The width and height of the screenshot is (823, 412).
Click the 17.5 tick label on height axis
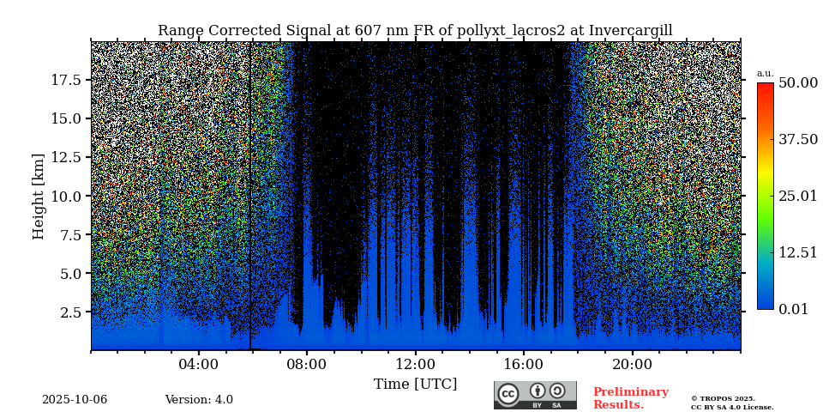tap(65, 80)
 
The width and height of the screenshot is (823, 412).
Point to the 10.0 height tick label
tap(65, 196)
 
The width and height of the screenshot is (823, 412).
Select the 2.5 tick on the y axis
tap(69, 312)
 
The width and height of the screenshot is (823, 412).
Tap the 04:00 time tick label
tap(198, 364)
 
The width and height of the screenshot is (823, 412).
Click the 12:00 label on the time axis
tap(415, 364)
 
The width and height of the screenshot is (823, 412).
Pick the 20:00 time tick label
tap(632, 364)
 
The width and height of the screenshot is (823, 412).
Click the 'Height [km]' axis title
tap(39, 196)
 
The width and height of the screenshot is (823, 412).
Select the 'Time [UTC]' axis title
tap(415, 385)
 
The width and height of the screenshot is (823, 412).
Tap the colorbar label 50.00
tap(797, 83)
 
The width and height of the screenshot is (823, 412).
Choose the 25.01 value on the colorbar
tap(797, 197)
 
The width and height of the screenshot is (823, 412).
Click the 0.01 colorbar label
tap(793, 310)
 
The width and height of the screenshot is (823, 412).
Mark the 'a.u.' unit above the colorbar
tap(765, 74)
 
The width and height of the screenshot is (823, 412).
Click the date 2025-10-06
tap(75, 400)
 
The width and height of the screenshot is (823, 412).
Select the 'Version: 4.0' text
tap(199, 400)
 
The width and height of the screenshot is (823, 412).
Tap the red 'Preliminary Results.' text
tap(630, 398)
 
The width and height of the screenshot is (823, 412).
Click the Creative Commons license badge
tap(535, 395)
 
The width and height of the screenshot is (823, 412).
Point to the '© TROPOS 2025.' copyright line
tap(723, 398)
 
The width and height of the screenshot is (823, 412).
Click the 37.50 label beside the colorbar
tap(797, 140)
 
